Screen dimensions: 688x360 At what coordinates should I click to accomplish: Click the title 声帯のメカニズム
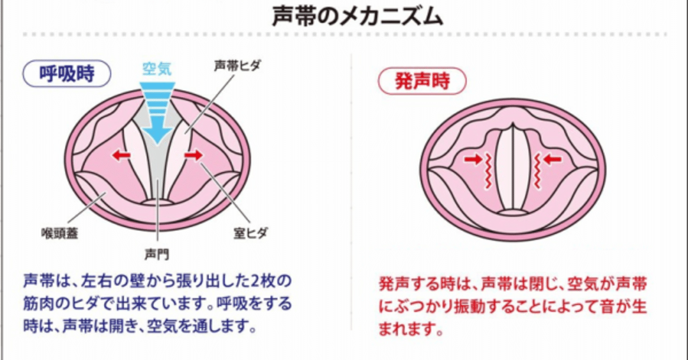coord(357,17)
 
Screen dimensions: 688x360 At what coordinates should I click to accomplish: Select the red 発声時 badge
coord(422,81)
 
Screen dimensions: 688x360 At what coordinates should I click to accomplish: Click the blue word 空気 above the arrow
coord(156,69)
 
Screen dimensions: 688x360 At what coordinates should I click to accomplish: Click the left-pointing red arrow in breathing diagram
coord(121,155)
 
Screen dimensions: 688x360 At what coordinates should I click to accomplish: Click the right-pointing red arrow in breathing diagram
coord(193,155)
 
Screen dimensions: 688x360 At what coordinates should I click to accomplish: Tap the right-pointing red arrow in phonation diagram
coord(473,159)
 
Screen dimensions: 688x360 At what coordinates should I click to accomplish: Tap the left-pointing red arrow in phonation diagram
coord(552,159)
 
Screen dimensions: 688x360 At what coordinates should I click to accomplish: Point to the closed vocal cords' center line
coord(512,167)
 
